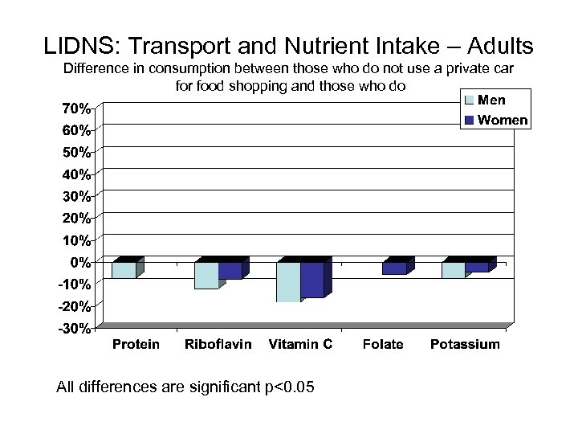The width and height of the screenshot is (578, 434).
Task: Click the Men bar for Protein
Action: [x=124, y=270]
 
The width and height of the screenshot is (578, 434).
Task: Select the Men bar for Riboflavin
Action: [x=206, y=275]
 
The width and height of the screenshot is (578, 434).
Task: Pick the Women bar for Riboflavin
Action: [x=230, y=270]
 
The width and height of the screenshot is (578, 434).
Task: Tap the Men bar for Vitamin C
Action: [x=289, y=281]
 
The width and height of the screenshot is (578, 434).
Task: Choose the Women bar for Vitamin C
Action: [x=313, y=279]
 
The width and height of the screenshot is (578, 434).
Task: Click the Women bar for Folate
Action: [x=395, y=268]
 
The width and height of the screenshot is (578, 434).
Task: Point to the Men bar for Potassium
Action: [x=453, y=270]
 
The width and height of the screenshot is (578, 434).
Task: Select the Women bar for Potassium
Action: [x=477, y=267]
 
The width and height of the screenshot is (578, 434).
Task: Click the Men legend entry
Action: [x=490, y=100]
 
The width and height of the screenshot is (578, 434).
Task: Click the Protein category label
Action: [x=136, y=345]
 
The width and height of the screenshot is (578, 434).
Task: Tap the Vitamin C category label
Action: [x=300, y=345]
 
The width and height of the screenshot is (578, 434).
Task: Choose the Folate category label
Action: [x=383, y=345]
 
